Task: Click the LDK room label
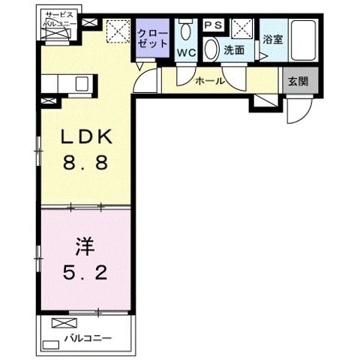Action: coord(85,139)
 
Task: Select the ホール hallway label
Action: coord(209,80)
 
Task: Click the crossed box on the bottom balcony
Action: coord(60,324)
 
